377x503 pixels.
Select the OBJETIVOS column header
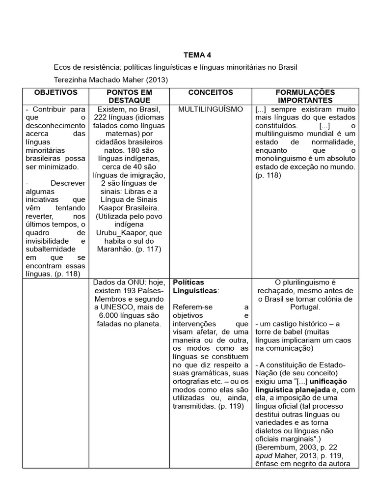(x=56, y=92)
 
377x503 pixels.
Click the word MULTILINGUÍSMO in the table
(x=211, y=109)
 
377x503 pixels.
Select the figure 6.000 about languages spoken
(x=110, y=315)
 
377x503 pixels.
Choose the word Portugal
(x=304, y=307)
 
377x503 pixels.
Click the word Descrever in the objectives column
(x=69, y=183)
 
